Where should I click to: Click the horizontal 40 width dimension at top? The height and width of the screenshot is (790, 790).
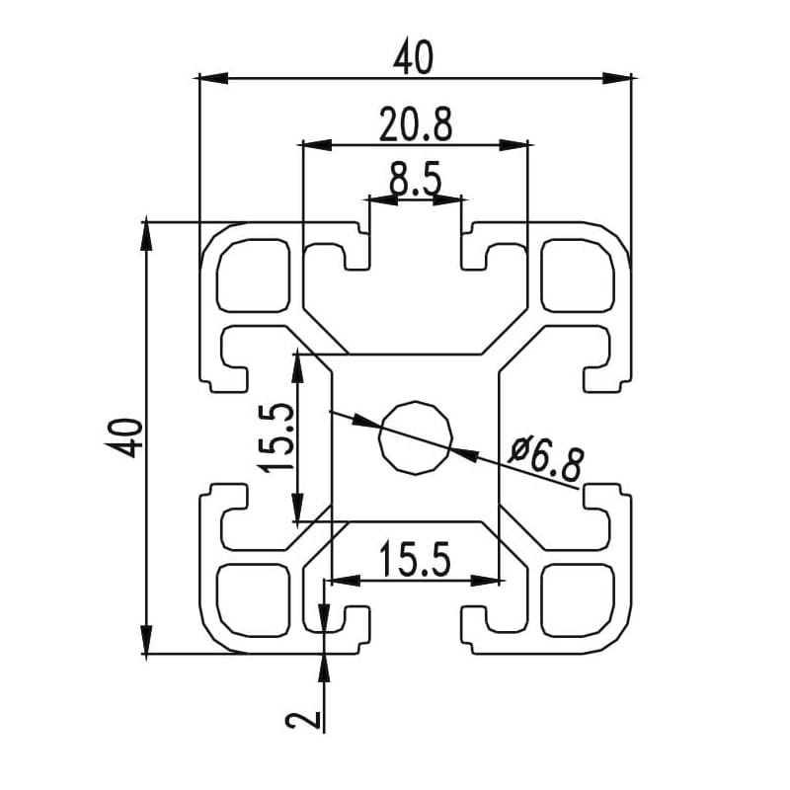point(414,59)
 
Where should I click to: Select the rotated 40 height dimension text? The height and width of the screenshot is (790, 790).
point(127,436)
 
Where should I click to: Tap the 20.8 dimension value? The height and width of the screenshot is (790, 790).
point(415,125)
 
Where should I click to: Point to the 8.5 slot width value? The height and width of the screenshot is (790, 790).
point(415,181)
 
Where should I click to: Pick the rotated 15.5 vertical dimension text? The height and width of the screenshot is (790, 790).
point(276,437)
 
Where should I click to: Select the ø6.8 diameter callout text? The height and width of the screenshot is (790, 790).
point(547,460)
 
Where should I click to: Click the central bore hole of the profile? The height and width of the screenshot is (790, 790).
point(416,437)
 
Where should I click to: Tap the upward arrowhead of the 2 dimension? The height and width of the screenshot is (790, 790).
point(324,667)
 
